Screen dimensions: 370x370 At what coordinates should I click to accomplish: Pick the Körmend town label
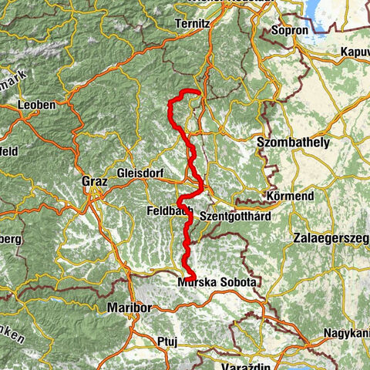(x=288, y=197)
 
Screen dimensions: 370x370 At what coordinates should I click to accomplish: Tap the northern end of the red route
(x=198, y=93)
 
